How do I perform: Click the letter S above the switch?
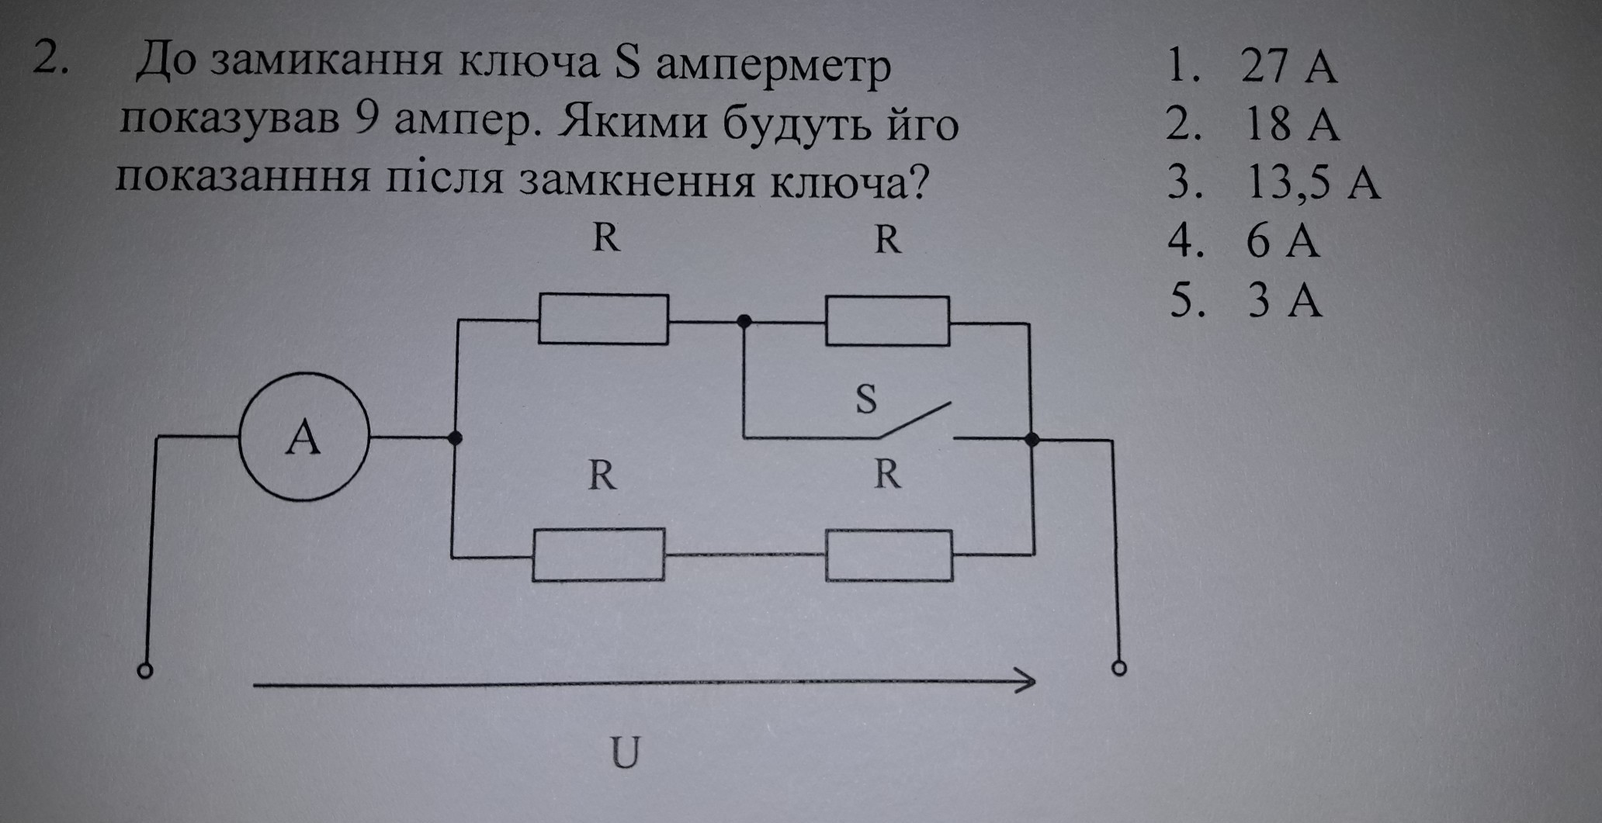tap(865, 399)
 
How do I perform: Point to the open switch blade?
tap(914, 420)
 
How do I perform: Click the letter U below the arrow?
tap(625, 752)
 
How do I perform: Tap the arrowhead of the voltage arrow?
tap(1026, 682)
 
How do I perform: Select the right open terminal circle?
tap(1118, 668)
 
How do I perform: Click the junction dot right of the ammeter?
tap(456, 438)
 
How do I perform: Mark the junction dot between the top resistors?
tap(744, 320)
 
